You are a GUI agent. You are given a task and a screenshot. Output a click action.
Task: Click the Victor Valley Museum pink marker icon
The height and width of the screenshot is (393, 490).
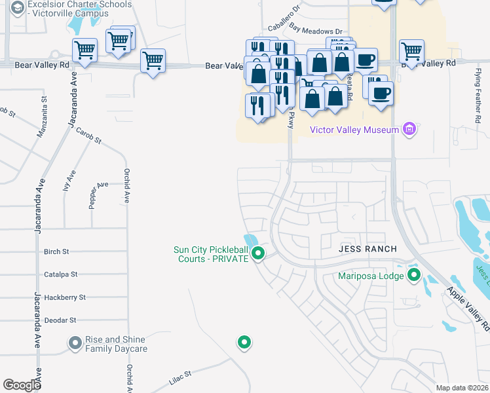(410, 129)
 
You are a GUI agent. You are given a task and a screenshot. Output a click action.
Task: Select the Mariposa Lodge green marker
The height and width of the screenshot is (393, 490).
(413, 274)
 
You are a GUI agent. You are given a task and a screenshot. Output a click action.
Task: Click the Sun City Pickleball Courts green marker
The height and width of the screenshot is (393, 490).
(259, 253)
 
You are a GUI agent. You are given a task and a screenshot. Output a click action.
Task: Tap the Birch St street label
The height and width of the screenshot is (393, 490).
(56, 252)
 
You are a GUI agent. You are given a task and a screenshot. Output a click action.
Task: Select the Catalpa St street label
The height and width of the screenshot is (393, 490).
(61, 274)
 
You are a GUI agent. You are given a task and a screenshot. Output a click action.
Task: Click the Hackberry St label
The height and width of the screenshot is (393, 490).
(65, 297)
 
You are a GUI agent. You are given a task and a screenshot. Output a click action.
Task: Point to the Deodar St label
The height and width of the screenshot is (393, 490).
(60, 320)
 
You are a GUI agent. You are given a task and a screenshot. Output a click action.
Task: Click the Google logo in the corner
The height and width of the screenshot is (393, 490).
(22, 385)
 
